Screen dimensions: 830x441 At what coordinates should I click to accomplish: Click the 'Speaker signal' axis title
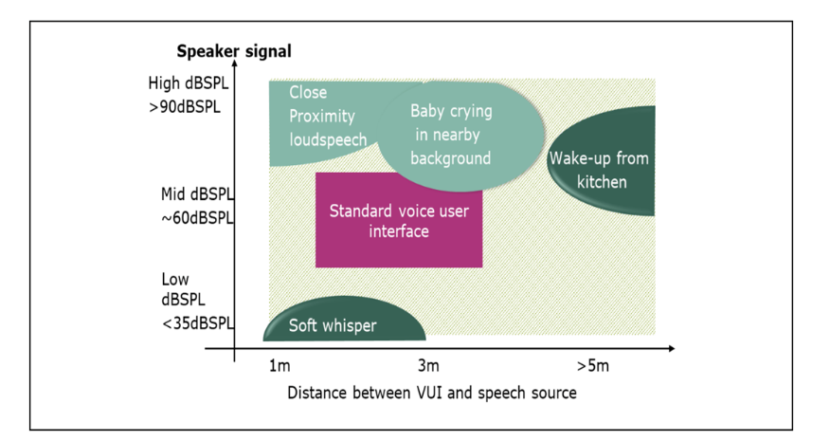pyautogui.click(x=234, y=51)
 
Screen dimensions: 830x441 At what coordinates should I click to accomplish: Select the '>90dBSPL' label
pyautogui.click(x=184, y=107)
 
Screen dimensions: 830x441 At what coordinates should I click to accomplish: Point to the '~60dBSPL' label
pyautogui.click(x=197, y=218)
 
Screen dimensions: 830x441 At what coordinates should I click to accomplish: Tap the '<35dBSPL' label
pyautogui.click(x=197, y=323)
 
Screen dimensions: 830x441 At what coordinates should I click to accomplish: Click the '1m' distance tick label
pyautogui.click(x=280, y=366)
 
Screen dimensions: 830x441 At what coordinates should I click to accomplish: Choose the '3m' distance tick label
pyautogui.click(x=428, y=366)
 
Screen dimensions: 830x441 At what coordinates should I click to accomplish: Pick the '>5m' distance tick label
pyautogui.click(x=593, y=366)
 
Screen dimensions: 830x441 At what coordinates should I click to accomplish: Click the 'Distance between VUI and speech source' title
pyautogui.click(x=432, y=393)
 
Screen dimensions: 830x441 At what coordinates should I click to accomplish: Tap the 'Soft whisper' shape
pyautogui.click(x=344, y=321)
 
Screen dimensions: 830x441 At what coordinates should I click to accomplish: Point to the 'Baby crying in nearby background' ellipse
pyautogui.click(x=460, y=136)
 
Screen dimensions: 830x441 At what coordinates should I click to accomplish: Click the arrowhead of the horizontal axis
pyautogui.click(x=672, y=348)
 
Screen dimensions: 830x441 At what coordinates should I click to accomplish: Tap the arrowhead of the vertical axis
pyautogui.click(x=234, y=64)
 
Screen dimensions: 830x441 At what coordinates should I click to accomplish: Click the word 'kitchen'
pyautogui.click(x=602, y=182)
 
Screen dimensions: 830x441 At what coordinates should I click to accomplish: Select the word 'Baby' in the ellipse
pyautogui.click(x=426, y=111)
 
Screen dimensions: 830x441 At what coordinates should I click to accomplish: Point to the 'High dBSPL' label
pyautogui.click(x=189, y=83)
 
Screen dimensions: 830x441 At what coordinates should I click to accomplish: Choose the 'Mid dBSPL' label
pyautogui.click(x=197, y=194)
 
